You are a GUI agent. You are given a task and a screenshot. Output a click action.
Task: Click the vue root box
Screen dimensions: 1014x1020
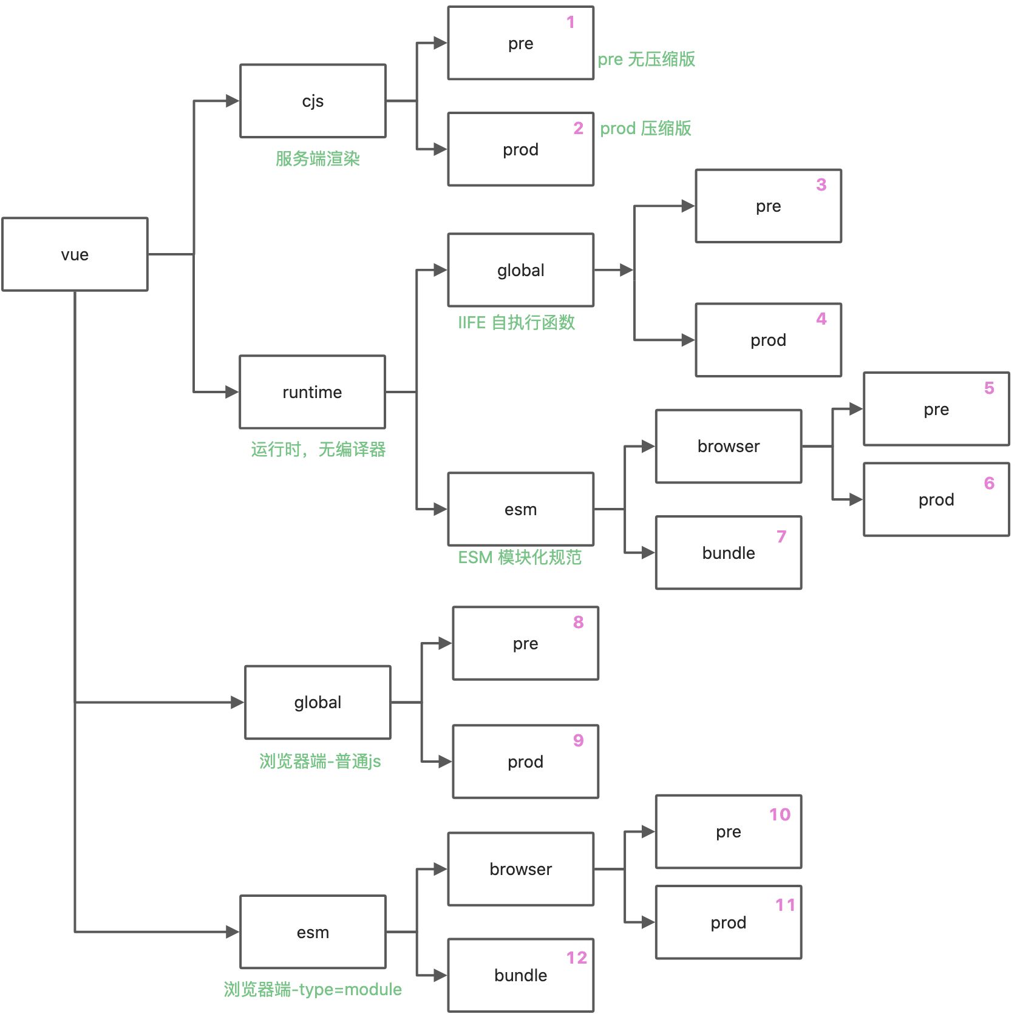[x=75, y=254]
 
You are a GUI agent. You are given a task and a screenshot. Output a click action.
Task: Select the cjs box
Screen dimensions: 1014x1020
[x=313, y=101]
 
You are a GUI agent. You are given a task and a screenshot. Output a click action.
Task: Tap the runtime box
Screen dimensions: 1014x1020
[x=312, y=392]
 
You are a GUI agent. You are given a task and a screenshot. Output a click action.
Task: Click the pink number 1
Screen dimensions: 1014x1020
[x=571, y=22]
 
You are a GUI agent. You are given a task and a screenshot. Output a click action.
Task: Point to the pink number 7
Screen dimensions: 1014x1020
[x=781, y=536]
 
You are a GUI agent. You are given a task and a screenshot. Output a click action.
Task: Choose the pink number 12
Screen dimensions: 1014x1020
[x=577, y=958]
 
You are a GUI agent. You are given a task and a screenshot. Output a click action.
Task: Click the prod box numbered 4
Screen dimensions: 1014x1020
[x=768, y=340]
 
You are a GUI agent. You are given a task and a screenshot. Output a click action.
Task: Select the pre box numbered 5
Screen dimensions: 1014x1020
[x=936, y=409]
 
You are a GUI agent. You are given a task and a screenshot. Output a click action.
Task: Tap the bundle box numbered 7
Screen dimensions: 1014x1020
[x=728, y=553]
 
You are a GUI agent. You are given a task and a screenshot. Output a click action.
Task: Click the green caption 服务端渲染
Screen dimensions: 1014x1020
[x=318, y=159]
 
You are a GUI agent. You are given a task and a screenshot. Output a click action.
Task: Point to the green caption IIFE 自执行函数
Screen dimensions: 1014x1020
[x=516, y=322]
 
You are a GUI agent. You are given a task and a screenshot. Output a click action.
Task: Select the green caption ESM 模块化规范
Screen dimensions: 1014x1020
[x=520, y=557]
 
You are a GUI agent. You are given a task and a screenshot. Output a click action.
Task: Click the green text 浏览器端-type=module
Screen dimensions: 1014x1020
[x=313, y=989]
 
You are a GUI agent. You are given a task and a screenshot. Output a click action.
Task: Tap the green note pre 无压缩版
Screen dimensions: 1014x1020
[x=646, y=59]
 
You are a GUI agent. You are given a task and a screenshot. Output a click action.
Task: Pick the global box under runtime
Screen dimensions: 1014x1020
[x=520, y=270]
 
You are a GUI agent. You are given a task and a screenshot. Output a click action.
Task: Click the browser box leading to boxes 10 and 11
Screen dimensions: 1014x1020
[x=520, y=869]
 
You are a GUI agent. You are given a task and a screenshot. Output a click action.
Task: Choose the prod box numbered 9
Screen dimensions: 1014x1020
[x=525, y=762]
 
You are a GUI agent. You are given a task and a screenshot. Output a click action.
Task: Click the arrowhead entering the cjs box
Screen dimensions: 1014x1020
[x=232, y=101]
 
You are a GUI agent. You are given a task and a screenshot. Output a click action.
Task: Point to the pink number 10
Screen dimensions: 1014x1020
[x=780, y=814]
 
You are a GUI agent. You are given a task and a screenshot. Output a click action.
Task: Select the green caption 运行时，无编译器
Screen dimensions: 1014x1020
[x=318, y=450]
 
